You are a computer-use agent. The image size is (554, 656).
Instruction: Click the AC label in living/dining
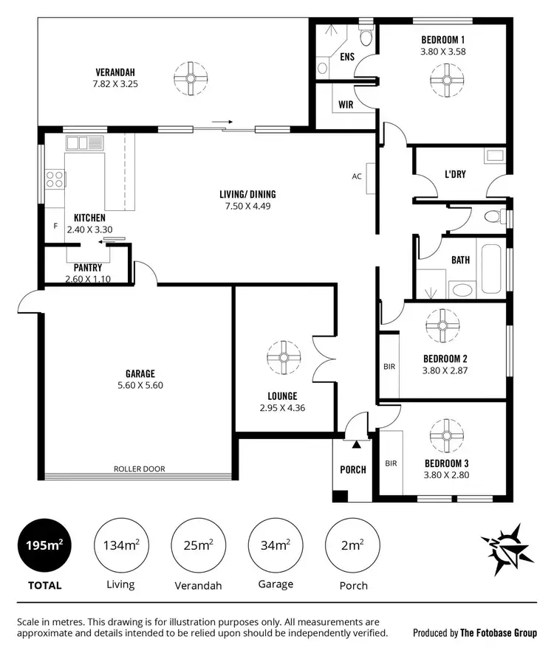pyautogui.click(x=357, y=176)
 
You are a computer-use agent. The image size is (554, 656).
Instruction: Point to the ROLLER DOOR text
pyautogui.click(x=139, y=469)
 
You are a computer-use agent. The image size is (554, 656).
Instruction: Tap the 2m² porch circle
pyautogui.click(x=352, y=545)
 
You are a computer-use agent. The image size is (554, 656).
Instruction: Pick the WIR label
pyautogui.click(x=345, y=105)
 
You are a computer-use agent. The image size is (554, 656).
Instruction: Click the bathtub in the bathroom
pyautogui.click(x=493, y=269)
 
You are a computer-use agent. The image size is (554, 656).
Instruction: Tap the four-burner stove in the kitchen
pyautogui.click(x=55, y=179)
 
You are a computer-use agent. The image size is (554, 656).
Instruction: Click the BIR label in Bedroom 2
pyautogui.click(x=389, y=366)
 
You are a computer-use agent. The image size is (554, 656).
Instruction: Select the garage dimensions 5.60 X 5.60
pyautogui.click(x=140, y=385)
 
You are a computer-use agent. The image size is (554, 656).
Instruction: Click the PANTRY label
pyautogui.click(x=88, y=268)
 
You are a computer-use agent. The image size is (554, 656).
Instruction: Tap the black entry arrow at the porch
pyautogui.click(x=357, y=445)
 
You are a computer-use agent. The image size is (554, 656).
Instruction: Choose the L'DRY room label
pyautogui.click(x=454, y=175)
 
